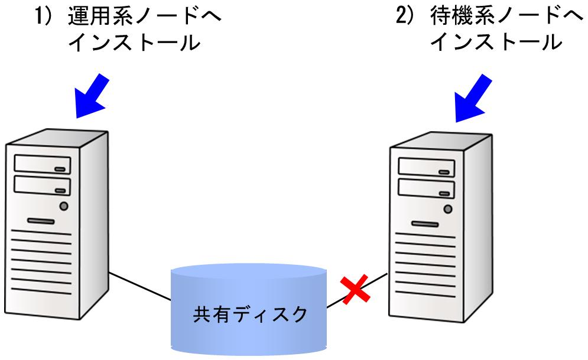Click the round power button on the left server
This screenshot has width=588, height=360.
pyautogui.click(x=64, y=206)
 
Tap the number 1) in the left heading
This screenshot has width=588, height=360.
pyautogui.click(x=46, y=17)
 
